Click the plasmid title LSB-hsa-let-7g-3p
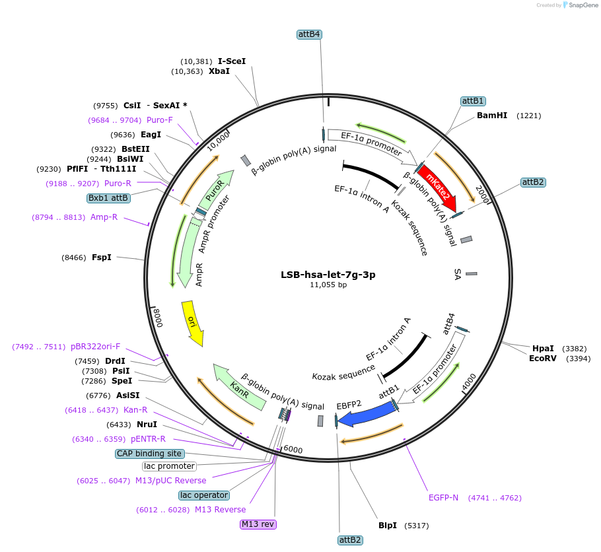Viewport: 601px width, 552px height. pos(328,275)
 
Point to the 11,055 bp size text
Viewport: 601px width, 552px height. pos(328,285)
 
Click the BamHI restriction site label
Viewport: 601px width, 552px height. pos(492,116)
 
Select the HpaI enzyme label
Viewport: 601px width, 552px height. pos(544,349)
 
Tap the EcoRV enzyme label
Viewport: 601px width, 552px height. pos(543,359)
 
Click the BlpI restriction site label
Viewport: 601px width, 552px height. pos(388,526)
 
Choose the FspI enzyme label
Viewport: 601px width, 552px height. pos(102,258)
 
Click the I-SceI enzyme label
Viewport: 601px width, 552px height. pos(232,61)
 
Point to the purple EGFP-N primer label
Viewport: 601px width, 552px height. pos(443,497)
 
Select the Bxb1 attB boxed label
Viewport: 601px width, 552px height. pos(108,197)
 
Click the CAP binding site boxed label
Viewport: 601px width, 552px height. pos(149,454)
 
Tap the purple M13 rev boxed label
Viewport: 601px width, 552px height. pos(258,524)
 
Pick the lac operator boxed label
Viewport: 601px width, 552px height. pos(204,495)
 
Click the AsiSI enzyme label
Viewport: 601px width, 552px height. pos(128,396)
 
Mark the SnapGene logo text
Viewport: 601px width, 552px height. pos(581,5)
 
